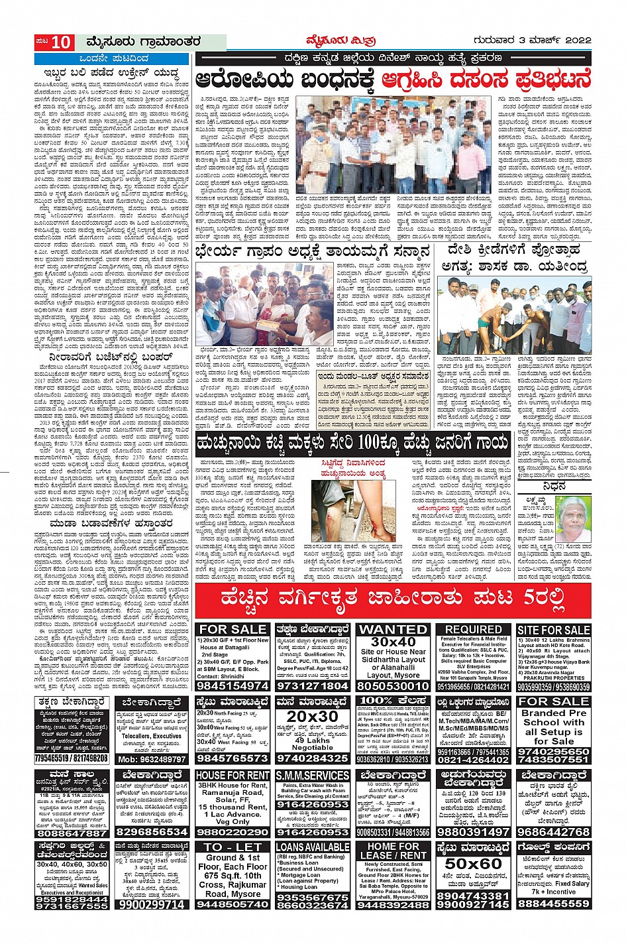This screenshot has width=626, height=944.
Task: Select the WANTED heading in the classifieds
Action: pyautogui.click(x=393, y=629)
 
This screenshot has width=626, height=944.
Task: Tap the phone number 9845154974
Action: pyautogui.click(x=233, y=686)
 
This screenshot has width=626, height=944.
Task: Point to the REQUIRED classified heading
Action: pyautogui.click(x=473, y=629)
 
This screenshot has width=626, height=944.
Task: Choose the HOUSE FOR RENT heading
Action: pyautogui.click(x=233, y=775)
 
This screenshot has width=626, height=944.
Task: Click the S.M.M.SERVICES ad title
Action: pyautogui.click(x=313, y=775)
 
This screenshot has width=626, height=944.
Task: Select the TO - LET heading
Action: pyautogui.click(x=233, y=847)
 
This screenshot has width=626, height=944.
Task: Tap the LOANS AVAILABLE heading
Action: pyautogui.click(x=313, y=847)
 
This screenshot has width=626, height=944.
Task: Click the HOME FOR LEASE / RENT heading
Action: pyautogui.click(x=393, y=851)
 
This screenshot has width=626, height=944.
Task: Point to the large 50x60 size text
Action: pyautogui.click(x=473, y=864)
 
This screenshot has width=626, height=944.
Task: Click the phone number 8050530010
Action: pyautogui.click(x=393, y=686)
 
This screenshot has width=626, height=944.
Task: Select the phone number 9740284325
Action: pyautogui.click(x=313, y=758)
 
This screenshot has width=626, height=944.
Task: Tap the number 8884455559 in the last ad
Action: pyautogui.click(x=553, y=903)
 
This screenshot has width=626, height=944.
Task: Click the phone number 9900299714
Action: pyautogui.click(x=152, y=904)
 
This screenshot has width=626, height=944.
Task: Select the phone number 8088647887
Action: pyautogui.click(x=72, y=833)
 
